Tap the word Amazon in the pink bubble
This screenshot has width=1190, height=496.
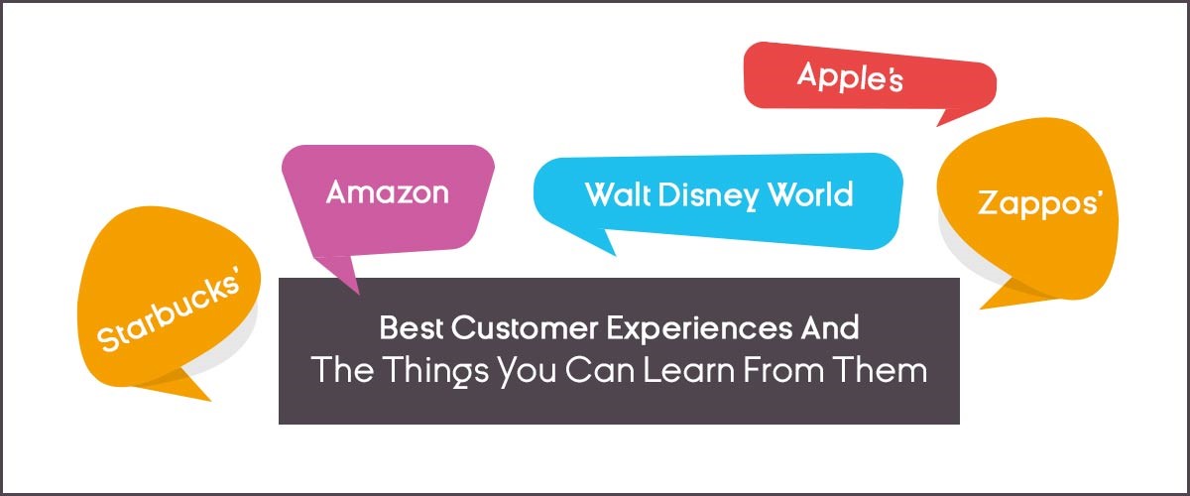388,191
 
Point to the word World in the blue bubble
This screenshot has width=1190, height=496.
811,194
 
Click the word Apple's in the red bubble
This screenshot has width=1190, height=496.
850,76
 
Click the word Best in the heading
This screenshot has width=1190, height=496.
411,327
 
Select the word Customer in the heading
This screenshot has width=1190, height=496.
525,327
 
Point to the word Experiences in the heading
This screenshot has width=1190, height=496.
699,329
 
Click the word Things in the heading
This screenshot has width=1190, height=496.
435,371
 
